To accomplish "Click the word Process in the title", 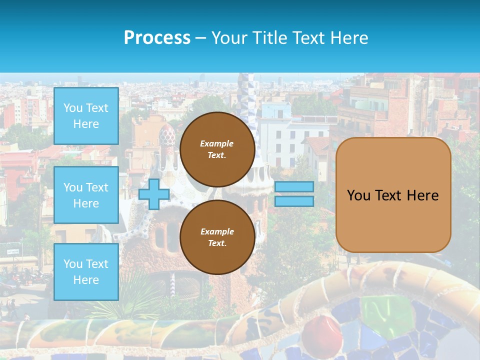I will pos(157,38).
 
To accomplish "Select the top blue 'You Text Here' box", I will pos(86,116).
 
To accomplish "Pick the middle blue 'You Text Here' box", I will pos(86,195).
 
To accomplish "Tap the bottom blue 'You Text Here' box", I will pos(86,271).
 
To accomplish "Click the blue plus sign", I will pos(154,194).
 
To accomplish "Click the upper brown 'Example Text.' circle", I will pos(217,149).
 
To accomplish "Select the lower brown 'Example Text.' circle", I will pos(217,237).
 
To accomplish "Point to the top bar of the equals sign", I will pos(294,187).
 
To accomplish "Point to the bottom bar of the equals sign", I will pos(294,201).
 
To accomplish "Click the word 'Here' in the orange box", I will pos(422,195).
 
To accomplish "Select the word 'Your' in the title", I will pos(229,38).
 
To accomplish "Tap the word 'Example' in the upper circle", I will pos(217,143).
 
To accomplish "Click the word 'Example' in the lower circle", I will pos(217,231).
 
